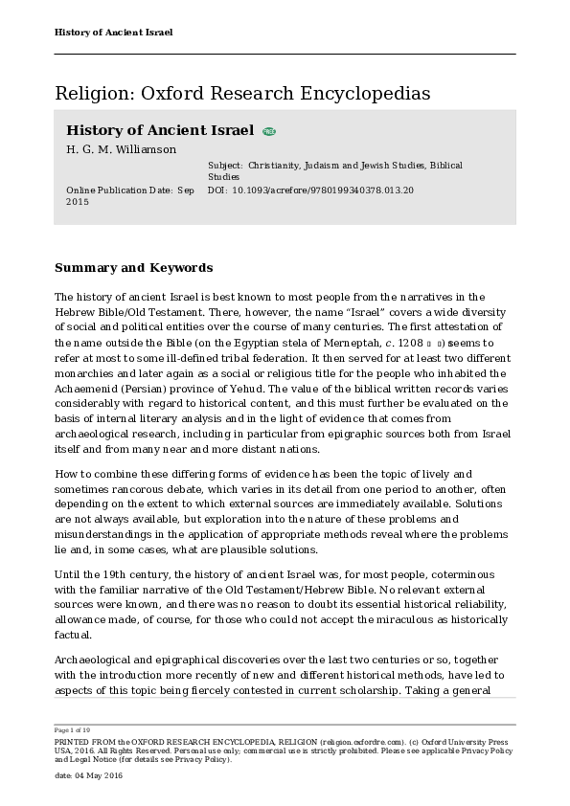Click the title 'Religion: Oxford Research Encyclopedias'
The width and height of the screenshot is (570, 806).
[242, 93]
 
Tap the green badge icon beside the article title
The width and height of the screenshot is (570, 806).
[269, 131]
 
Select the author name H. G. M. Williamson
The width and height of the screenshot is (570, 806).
[121, 149]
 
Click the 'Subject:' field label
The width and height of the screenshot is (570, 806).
[225, 166]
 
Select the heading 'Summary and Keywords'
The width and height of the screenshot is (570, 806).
[133, 268]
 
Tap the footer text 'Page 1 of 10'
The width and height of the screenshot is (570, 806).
[72, 730]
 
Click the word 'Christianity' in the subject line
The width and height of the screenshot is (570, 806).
[276, 166]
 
